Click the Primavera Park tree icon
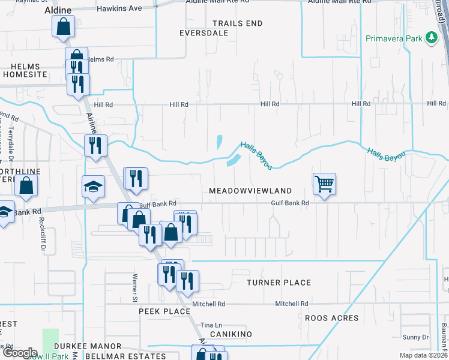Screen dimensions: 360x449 [x=431, y=38]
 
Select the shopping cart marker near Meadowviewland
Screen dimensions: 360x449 [x=324, y=184]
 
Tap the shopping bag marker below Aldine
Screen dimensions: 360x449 [x=63, y=27]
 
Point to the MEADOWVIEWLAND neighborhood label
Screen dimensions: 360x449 [x=250, y=191]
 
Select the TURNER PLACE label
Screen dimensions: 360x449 [x=279, y=283]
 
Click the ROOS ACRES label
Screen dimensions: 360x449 [x=332, y=318]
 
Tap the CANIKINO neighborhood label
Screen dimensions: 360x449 [x=231, y=334]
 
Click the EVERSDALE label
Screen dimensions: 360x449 [x=204, y=34]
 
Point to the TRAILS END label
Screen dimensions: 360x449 [x=238, y=23]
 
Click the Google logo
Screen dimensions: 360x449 [x=19, y=353]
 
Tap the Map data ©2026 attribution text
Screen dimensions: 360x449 [x=424, y=355]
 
